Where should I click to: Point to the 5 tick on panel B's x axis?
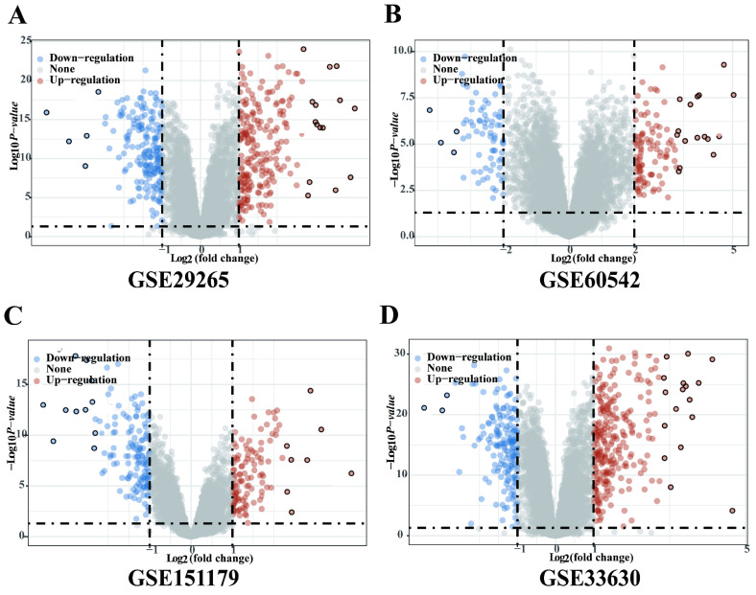tap(733, 250)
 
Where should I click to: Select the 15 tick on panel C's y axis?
tap(26, 382)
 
